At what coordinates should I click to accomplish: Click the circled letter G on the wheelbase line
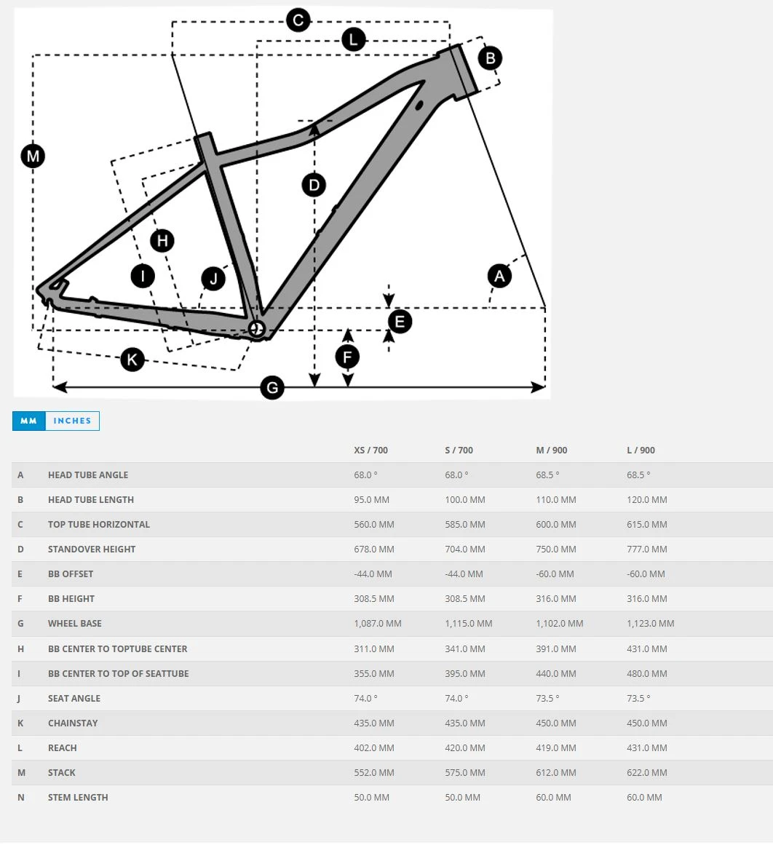(x=271, y=388)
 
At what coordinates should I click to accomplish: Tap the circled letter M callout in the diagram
(x=33, y=156)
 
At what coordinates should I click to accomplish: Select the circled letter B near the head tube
(x=490, y=57)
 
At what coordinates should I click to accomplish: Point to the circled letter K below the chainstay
(x=132, y=359)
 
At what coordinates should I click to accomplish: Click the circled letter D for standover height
(x=314, y=185)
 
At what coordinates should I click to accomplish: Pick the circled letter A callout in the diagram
(x=499, y=276)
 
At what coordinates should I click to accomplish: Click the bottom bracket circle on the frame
(x=256, y=329)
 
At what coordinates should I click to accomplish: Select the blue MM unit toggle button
(x=29, y=421)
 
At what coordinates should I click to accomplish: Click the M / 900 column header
(x=551, y=451)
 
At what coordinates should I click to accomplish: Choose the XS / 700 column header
(x=370, y=451)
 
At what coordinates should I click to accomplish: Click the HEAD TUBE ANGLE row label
(x=88, y=475)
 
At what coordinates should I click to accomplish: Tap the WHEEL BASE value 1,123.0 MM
(x=650, y=624)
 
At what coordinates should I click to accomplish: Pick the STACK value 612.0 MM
(x=556, y=773)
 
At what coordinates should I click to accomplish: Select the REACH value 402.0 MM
(x=374, y=748)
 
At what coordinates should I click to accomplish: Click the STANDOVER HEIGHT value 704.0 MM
(x=465, y=550)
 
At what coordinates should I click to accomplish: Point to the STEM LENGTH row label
(x=78, y=798)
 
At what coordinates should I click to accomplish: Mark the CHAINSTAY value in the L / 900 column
(x=647, y=723)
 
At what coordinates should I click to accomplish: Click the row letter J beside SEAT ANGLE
(x=20, y=699)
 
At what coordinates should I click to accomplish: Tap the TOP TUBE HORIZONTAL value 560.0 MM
(x=374, y=525)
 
